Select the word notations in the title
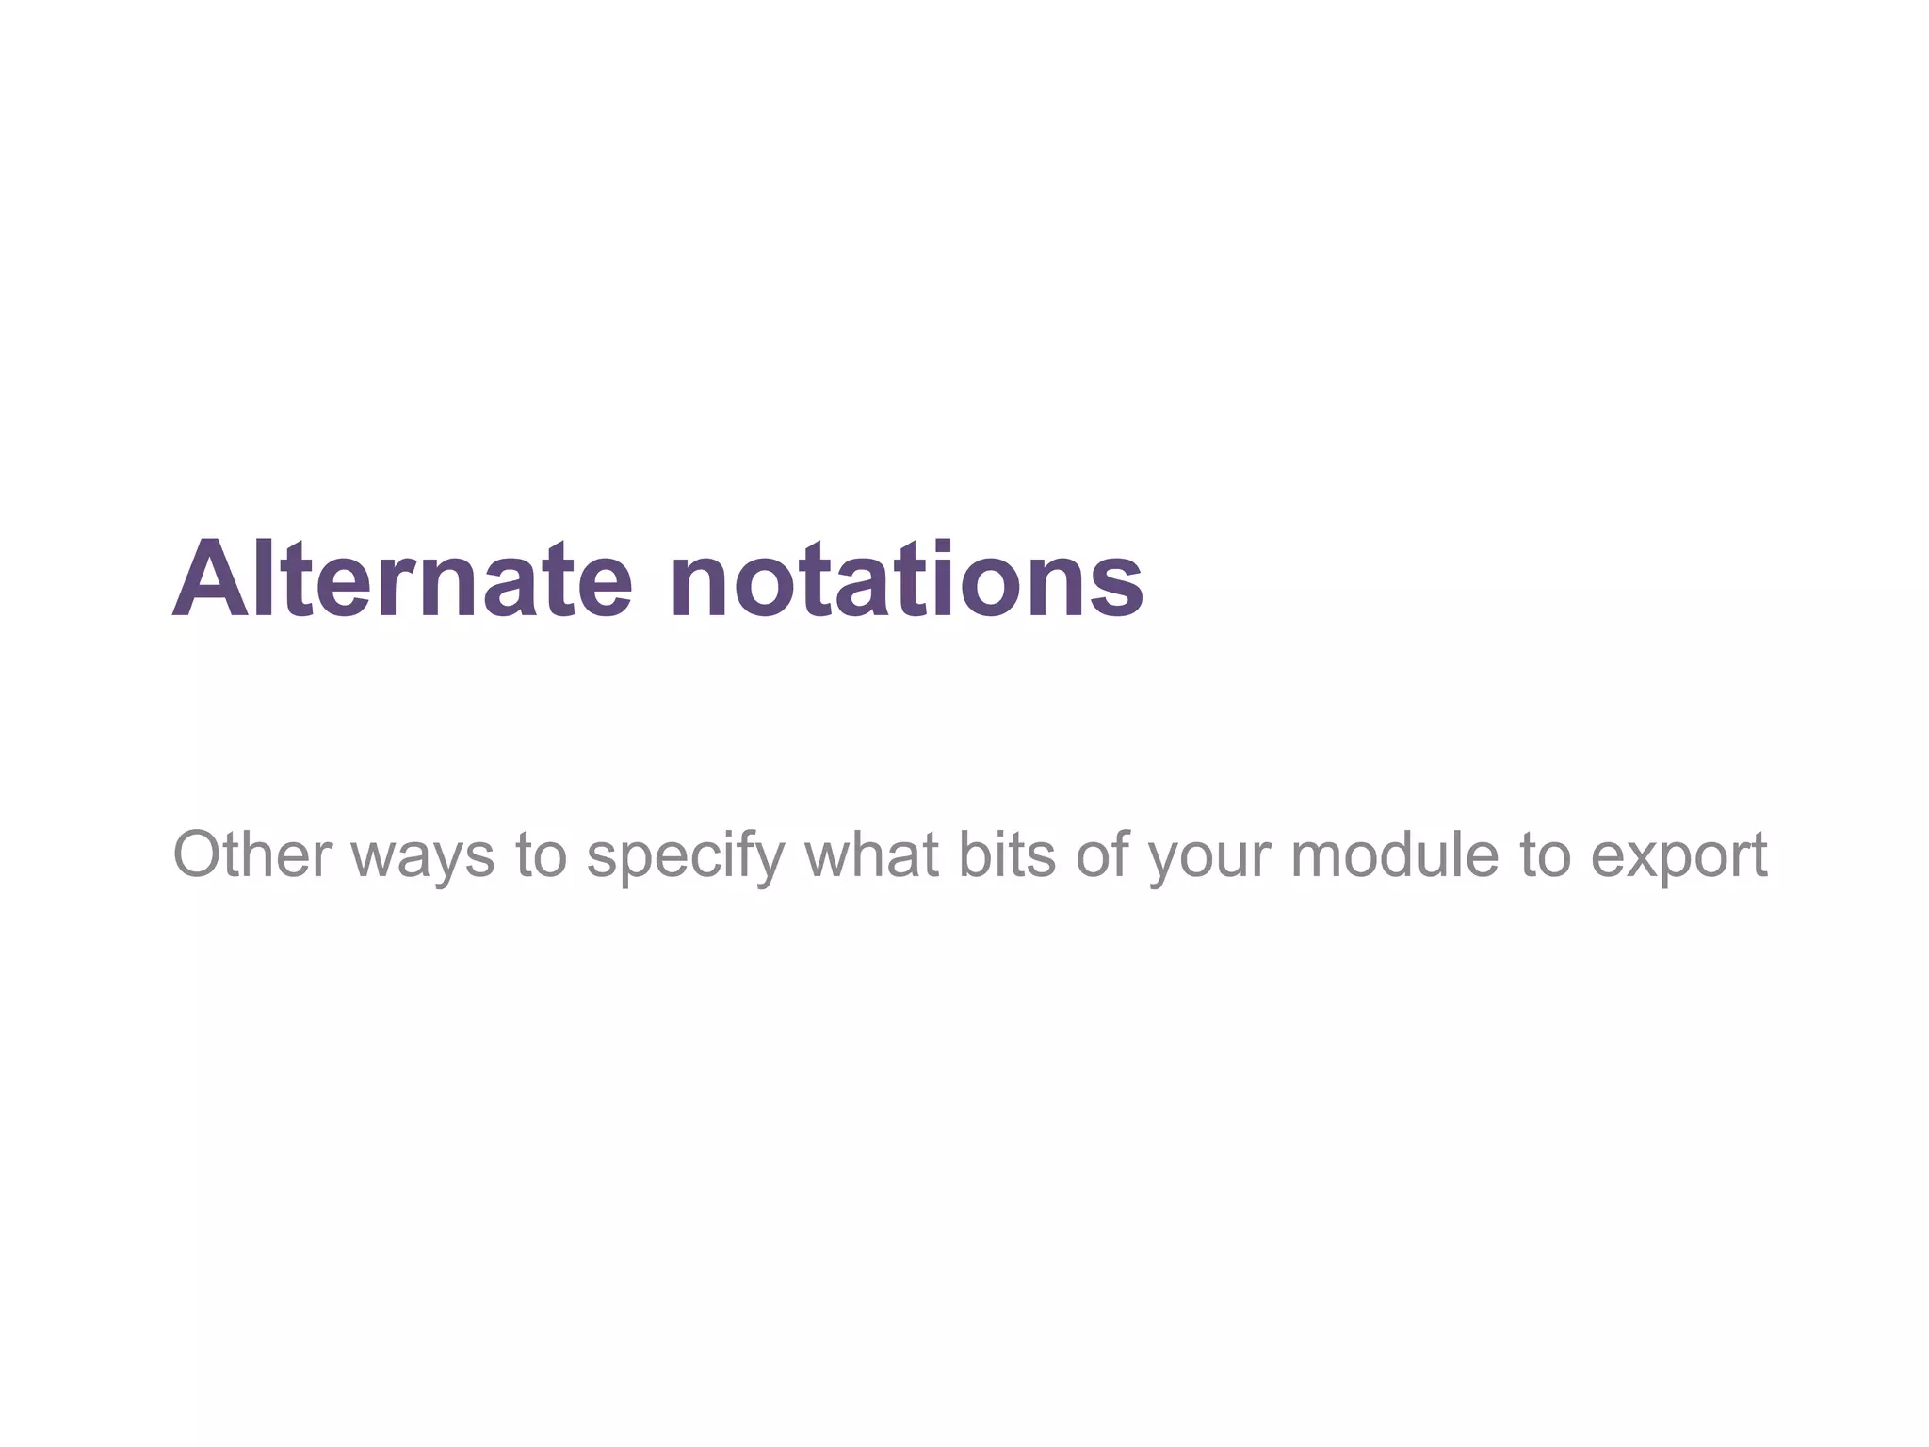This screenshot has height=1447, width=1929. coord(907,578)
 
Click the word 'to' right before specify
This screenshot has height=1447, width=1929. coord(541,855)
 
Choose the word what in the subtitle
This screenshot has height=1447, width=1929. coord(871,854)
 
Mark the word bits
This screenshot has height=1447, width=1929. coord(1007,854)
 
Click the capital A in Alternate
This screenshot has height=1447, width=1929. coord(210,578)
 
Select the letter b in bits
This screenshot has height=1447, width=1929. coord(973,854)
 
